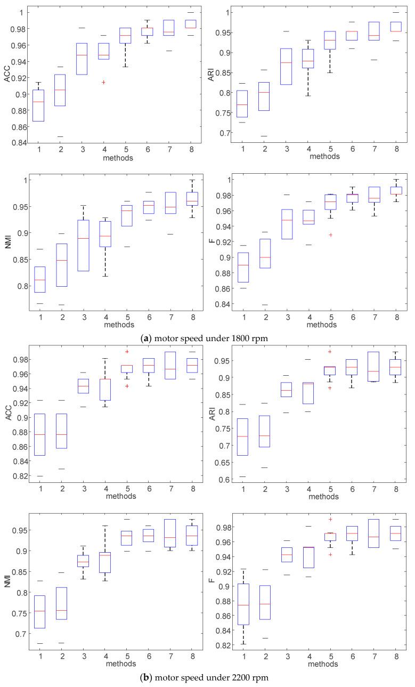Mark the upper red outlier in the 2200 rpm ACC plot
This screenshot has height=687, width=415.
pos(126,352)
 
